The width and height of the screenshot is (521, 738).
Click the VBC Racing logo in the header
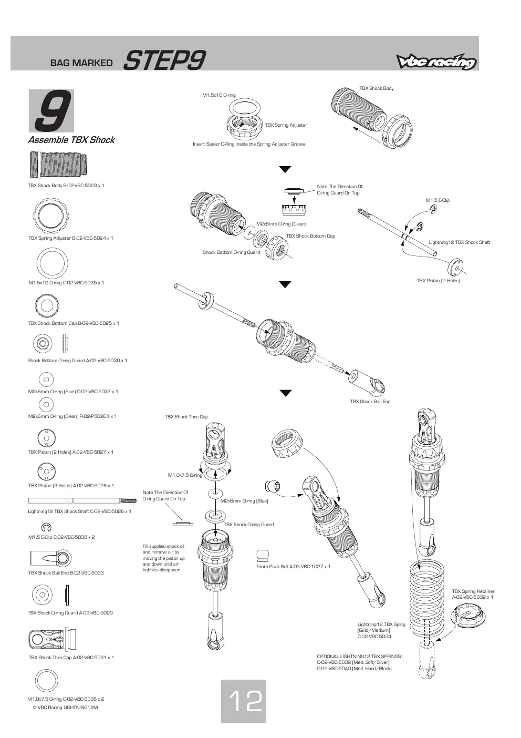point(436,61)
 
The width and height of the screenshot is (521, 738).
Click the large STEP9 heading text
point(164,60)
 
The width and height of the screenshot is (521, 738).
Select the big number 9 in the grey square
point(53,110)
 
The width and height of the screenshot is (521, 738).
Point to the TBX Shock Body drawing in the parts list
point(59,165)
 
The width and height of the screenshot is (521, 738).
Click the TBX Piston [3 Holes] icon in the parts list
point(46,471)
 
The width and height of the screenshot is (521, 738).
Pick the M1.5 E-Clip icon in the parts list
point(46,527)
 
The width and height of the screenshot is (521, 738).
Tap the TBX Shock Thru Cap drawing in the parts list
point(53,639)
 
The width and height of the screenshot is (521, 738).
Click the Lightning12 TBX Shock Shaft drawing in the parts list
point(82,501)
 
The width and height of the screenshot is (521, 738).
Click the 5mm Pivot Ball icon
point(263,555)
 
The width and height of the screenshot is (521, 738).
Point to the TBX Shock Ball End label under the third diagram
point(370,401)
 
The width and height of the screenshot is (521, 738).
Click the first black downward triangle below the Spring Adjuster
point(285,169)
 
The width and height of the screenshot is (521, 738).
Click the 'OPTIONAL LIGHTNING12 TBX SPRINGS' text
point(359,657)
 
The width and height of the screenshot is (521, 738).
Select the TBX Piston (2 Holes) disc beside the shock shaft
point(455,266)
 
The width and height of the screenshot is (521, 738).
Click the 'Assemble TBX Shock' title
point(71,140)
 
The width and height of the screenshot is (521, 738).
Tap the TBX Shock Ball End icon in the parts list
point(51,558)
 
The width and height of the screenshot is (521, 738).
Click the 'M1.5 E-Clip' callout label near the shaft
point(437,200)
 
